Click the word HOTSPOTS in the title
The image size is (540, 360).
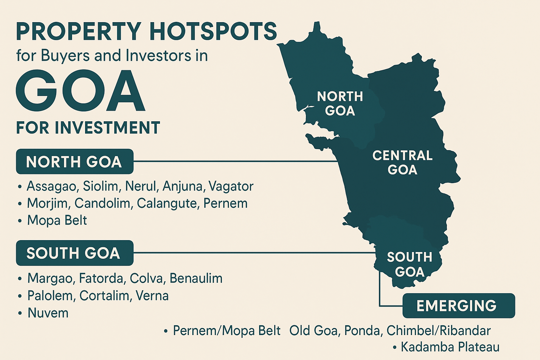tap(213, 32)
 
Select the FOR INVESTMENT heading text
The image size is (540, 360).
tap(88, 128)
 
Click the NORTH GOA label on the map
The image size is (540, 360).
tap(340, 104)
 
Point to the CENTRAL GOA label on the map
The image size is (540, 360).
tap(403, 162)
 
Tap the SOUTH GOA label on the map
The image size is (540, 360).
tap(410, 264)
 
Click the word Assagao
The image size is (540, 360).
tap(51, 186)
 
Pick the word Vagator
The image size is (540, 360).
tap(231, 186)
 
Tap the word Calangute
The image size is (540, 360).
tap(168, 204)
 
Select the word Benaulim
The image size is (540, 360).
tap(196, 278)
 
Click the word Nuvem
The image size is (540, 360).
tap(48, 313)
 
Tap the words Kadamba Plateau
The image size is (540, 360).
tap(450, 347)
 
